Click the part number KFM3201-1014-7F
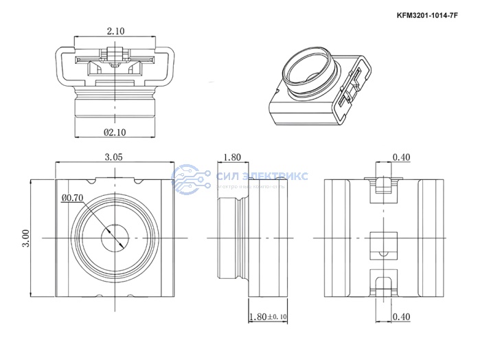tap(429, 14)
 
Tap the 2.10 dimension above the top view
tap(115, 31)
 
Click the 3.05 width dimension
tap(114, 157)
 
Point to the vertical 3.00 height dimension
tap(26, 238)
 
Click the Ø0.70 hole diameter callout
tap(72, 199)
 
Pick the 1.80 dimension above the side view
tap(232, 157)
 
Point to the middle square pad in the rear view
tap(381, 246)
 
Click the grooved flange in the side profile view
tap(241, 238)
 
